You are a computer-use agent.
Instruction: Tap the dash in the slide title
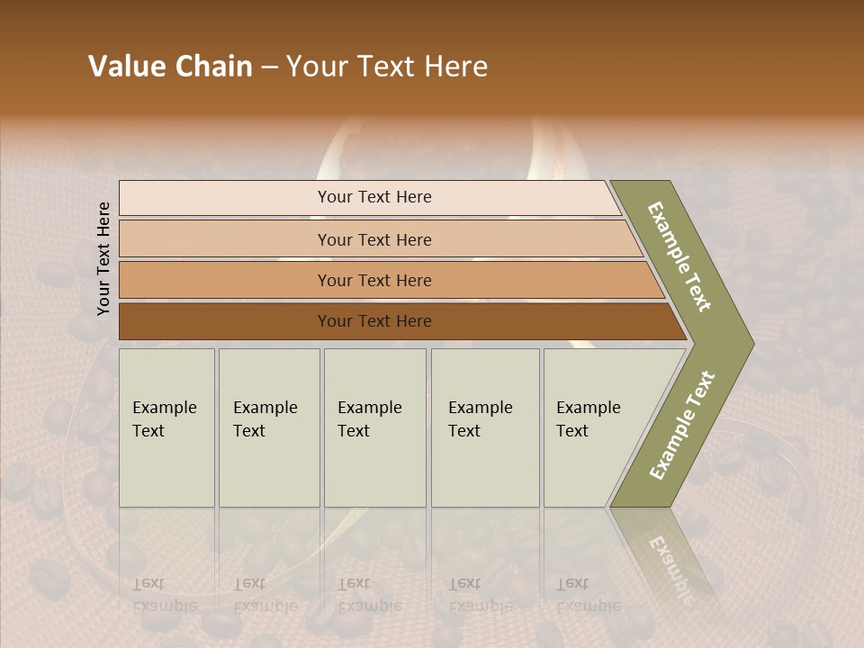click(x=269, y=67)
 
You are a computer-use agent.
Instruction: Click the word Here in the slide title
click(x=455, y=67)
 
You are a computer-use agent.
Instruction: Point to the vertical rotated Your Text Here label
click(x=103, y=259)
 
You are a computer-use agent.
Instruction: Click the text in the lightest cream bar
click(x=374, y=197)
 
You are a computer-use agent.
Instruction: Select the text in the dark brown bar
click(x=374, y=321)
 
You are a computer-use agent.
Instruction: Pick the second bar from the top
click(x=374, y=239)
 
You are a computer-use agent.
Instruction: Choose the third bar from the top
click(x=374, y=281)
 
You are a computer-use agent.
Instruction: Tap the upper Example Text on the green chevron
click(x=679, y=256)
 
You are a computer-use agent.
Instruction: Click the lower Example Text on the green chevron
click(x=682, y=426)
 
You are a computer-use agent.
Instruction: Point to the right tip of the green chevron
click(x=751, y=344)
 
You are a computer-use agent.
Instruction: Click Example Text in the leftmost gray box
click(x=164, y=419)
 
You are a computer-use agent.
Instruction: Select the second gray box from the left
click(x=268, y=427)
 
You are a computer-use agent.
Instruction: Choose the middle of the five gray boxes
click(x=374, y=427)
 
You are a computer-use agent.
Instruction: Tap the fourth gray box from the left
click(x=484, y=427)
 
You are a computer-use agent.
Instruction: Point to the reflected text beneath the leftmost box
click(x=164, y=595)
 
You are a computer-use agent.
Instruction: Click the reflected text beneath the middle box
click(x=369, y=595)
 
